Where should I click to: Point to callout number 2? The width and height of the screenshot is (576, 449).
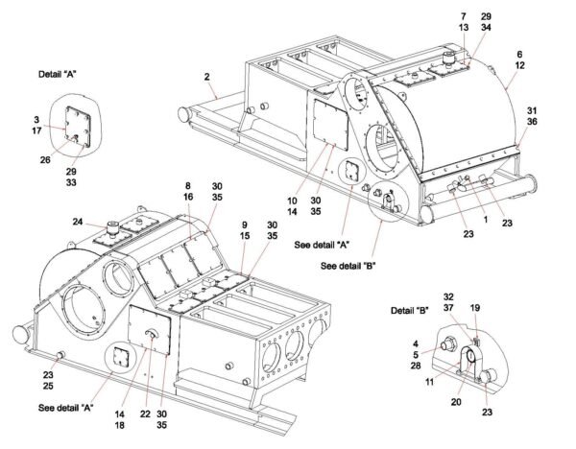click(x=206, y=75)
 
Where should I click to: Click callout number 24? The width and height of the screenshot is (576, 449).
click(x=78, y=220)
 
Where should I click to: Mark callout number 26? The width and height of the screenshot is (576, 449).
click(x=44, y=159)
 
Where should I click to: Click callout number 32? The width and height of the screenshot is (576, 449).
click(x=448, y=297)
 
